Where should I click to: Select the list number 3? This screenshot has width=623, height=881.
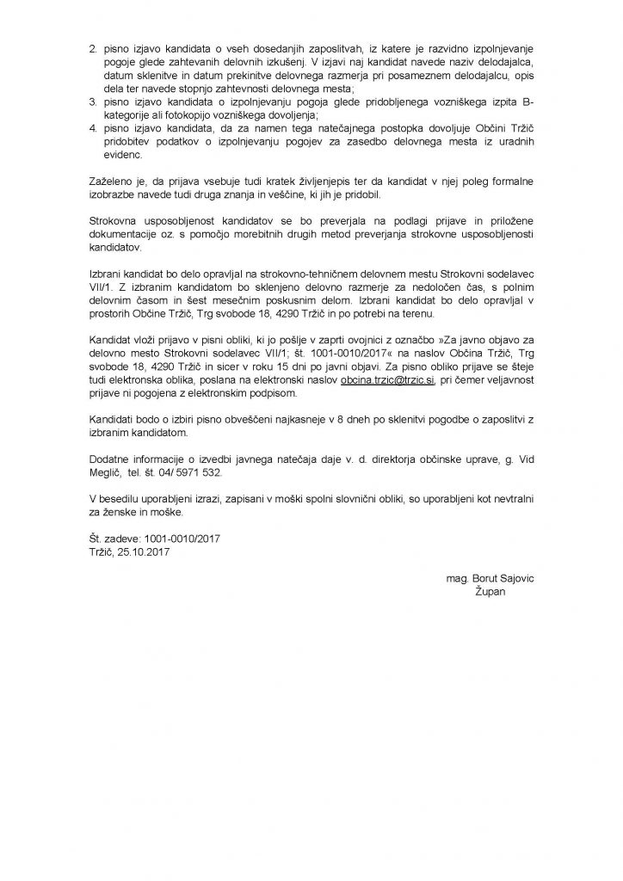(x=94, y=101)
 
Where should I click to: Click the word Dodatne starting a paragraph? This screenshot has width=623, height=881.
(x=112, y=460)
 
